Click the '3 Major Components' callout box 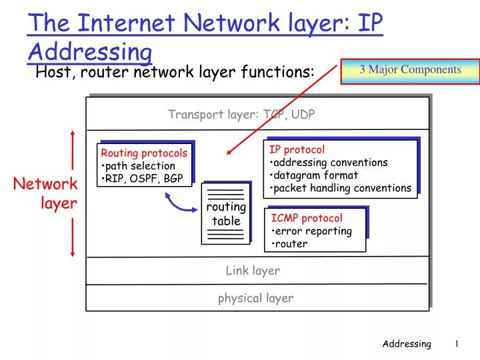coord(410,70)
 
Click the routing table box coord(226,214)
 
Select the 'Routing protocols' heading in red coord(144,153)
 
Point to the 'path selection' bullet coord(141,166)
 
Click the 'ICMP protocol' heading coord(307,218)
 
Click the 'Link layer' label coord(253,270)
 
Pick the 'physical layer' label coord(255,298)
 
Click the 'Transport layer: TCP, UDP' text coord(241,114)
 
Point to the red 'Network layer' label coord(46,193)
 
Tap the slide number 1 coord(457,343)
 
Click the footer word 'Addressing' coord(407,344)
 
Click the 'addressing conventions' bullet coord(331,162)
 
